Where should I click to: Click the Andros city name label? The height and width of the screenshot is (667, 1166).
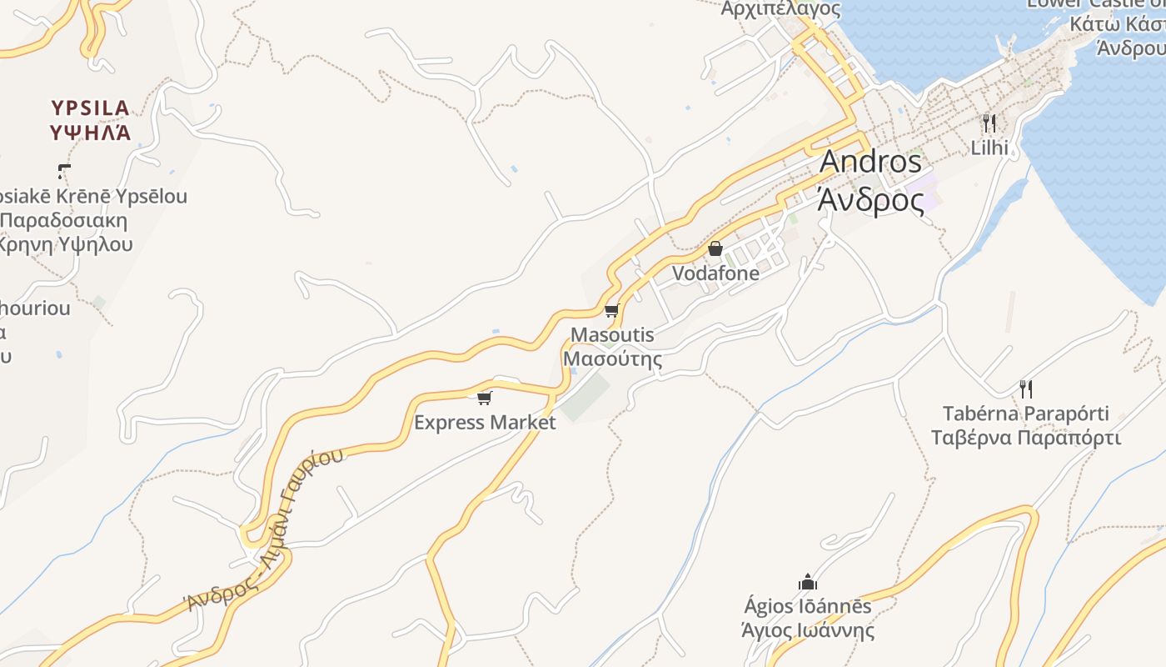click(870, 162)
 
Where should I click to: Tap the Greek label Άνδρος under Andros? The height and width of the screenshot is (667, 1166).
click(870, 200)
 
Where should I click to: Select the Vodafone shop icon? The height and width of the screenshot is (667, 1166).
click(715, 248)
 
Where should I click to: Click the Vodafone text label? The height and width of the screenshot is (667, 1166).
click(715, 273)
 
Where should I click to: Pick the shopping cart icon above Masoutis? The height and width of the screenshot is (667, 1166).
click(611, 312)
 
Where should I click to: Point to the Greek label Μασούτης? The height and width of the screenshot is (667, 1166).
click(613, 359)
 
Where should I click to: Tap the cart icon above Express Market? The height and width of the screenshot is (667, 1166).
click(485, 398)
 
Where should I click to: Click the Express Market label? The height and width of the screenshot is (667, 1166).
click(485, 423)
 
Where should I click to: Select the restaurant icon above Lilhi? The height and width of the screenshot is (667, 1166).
click(989, 123)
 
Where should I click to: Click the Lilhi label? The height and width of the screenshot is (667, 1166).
click(989, 148)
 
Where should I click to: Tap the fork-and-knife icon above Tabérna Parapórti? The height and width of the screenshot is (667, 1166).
click(1026, 389)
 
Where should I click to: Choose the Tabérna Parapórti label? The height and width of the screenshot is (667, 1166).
click(1026, 414)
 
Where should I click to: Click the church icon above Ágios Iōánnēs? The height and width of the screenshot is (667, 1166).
click(807, 581)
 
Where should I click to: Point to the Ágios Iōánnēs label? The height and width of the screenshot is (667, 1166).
click(807, 606)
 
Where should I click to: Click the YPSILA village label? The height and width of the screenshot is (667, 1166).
click(90, 108)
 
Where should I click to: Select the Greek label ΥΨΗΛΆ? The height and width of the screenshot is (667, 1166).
click(90, 132)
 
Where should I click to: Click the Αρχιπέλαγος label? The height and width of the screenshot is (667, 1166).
click(780, 9)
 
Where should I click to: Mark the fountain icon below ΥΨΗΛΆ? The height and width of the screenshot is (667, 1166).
click(64, 172)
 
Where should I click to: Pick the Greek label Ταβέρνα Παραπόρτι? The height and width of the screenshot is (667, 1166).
click(1026, 438)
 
